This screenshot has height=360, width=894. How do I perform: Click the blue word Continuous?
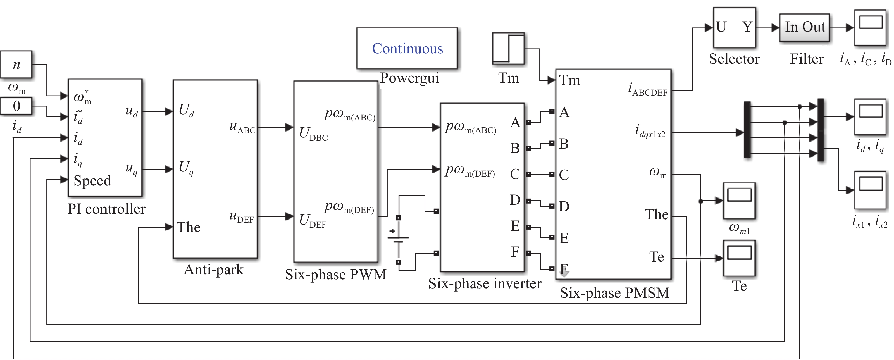[x=407, y=48]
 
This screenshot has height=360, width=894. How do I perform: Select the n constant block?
[x=16, y=65]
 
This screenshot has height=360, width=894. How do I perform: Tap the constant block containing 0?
[x=16, y=106]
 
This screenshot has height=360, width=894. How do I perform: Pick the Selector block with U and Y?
[x=734, y=27]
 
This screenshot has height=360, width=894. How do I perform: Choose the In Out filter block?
[x=804, y=27]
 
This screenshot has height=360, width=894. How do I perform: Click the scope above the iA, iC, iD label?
[x=870, y=27]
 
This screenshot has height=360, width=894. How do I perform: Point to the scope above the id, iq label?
[x=870, y=117]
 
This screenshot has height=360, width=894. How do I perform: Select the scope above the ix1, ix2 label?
[x=870, y=190]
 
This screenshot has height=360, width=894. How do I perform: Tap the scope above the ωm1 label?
[x=739, y=200]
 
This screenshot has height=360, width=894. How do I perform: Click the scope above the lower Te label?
[x=739, y=258]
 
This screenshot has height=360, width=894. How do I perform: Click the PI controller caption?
[x=106, y=209]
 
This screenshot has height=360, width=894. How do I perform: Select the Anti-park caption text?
[x=213, y=270]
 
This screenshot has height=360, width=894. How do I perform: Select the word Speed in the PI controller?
[x=92, y=180]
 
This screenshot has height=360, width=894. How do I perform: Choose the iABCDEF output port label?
[x=648, y=90]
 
